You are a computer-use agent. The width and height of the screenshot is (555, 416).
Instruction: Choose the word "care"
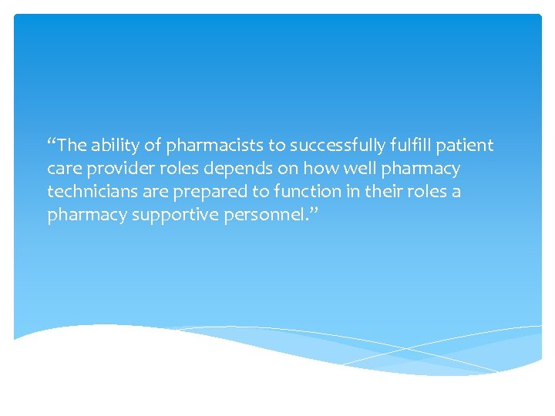pos(63,169)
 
